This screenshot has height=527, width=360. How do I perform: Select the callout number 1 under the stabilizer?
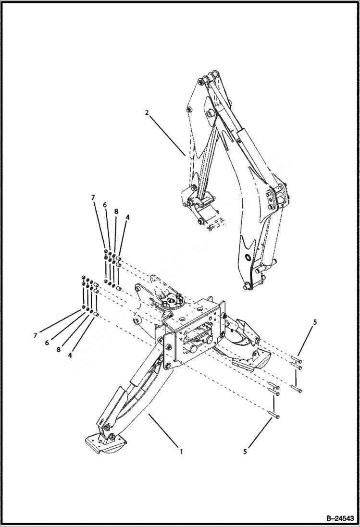point(181,452)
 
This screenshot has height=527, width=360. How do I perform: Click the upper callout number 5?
point(315,322)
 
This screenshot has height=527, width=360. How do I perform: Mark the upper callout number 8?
point(116,211)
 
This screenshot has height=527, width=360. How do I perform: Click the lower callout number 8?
point(58,350)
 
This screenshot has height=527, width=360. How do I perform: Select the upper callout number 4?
point(127,217)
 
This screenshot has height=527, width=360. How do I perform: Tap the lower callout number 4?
point(71,356)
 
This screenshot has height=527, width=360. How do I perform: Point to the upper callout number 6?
point(104,205)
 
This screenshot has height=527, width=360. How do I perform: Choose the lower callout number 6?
point(46,343)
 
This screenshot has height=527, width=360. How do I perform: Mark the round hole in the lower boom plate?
point(248,258)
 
